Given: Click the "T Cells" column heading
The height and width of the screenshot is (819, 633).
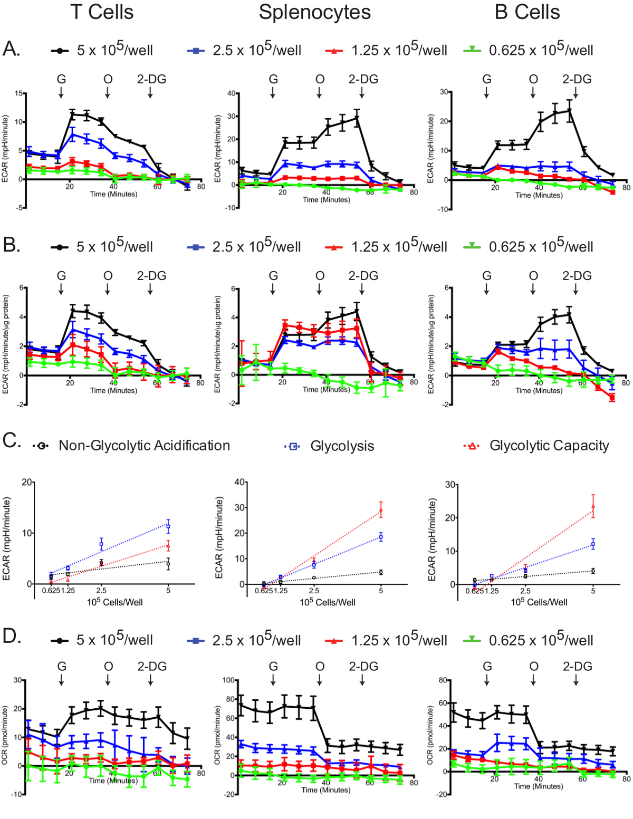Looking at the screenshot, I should coord(102,12).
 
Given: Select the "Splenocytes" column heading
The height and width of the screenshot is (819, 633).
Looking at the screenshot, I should coord(314,12).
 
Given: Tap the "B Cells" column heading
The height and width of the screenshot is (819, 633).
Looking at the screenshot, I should coord(527,12).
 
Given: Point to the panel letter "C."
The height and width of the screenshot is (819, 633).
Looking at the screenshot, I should coord(12,440).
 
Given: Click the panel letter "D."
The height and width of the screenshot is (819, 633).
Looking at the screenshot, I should coord(12,636).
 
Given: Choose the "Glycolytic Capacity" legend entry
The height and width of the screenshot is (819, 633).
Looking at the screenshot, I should coord(549,446).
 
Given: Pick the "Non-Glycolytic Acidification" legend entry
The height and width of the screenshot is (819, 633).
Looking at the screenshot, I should coord(144,446).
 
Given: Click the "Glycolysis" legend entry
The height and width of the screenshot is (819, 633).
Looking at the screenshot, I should coord(342,446).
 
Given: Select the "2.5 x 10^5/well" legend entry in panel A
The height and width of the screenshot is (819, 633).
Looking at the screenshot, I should coord(257,50).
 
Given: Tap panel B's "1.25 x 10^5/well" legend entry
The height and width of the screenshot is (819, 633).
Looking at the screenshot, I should coord(399,246).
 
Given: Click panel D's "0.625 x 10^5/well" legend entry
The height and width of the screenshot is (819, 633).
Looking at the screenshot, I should coord(541,640).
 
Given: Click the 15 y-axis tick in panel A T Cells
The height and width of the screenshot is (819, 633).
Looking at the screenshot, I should coord(19,94).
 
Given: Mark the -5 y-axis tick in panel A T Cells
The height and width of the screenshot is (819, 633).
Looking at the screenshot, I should coord(19,208).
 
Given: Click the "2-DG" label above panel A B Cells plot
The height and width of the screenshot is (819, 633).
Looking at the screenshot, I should coord(577,80).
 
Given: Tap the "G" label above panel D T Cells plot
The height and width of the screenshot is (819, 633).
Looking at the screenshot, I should coord(62,667).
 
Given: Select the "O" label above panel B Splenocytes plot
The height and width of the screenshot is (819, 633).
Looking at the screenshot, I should coord(320,276).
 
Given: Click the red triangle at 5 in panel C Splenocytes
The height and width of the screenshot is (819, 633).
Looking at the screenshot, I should coord(381,510).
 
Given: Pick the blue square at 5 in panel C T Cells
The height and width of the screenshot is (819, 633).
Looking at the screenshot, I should coord(168,526).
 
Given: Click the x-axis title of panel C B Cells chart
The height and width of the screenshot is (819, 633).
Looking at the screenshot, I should coord(539,602).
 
